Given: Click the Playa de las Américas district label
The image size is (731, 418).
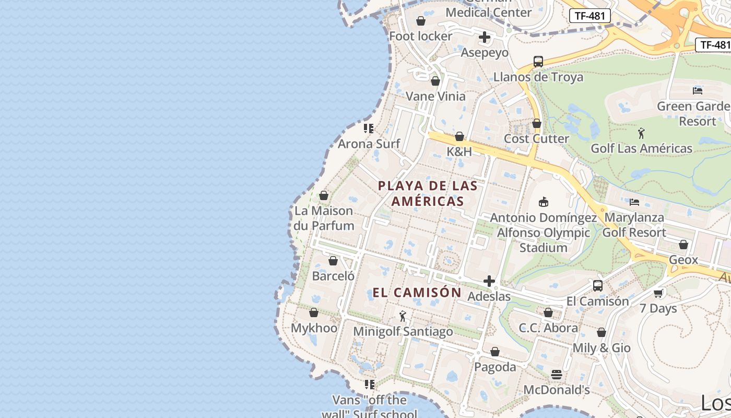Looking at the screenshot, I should click(x=428, y=193).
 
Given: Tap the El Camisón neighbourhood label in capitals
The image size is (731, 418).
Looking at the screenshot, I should click(x=417, y=293).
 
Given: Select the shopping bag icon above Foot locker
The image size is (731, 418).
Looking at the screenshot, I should click(x=421, y=21).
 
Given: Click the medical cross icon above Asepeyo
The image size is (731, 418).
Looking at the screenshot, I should click(x=485, y=37).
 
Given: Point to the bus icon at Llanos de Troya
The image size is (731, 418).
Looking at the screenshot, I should click(x=538, y=62).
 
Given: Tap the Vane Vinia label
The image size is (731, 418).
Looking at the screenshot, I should click(x=435, y=96).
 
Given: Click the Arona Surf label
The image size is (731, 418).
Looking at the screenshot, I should click(x=369, y=144).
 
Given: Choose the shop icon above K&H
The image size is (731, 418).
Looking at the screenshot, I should click(x=459, y=136).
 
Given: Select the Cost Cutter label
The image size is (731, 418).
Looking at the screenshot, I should click(x=536, y=138).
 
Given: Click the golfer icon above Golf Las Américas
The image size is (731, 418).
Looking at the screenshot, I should click(x=642, y=133).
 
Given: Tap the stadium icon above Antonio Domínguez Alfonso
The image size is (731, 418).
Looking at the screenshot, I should click(x=544, y=202).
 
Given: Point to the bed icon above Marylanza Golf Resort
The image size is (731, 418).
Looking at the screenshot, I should click(x=634, y=202).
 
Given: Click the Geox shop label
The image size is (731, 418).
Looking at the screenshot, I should click(x=683, y=260).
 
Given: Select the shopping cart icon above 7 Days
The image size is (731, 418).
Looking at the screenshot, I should click(x=658, y=293).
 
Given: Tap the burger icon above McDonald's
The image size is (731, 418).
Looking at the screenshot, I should click(x=557, y=375).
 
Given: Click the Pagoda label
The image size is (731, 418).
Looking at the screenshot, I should click(x=495, y=367).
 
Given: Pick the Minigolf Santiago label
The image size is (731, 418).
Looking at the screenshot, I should click(x=403, y=331).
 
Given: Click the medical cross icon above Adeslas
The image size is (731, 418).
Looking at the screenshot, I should click(x=489, y=282).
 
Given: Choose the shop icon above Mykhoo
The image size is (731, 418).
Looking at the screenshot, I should click(x=314, y=312).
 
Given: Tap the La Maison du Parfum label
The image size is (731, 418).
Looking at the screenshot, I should click(x=324, y=218).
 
